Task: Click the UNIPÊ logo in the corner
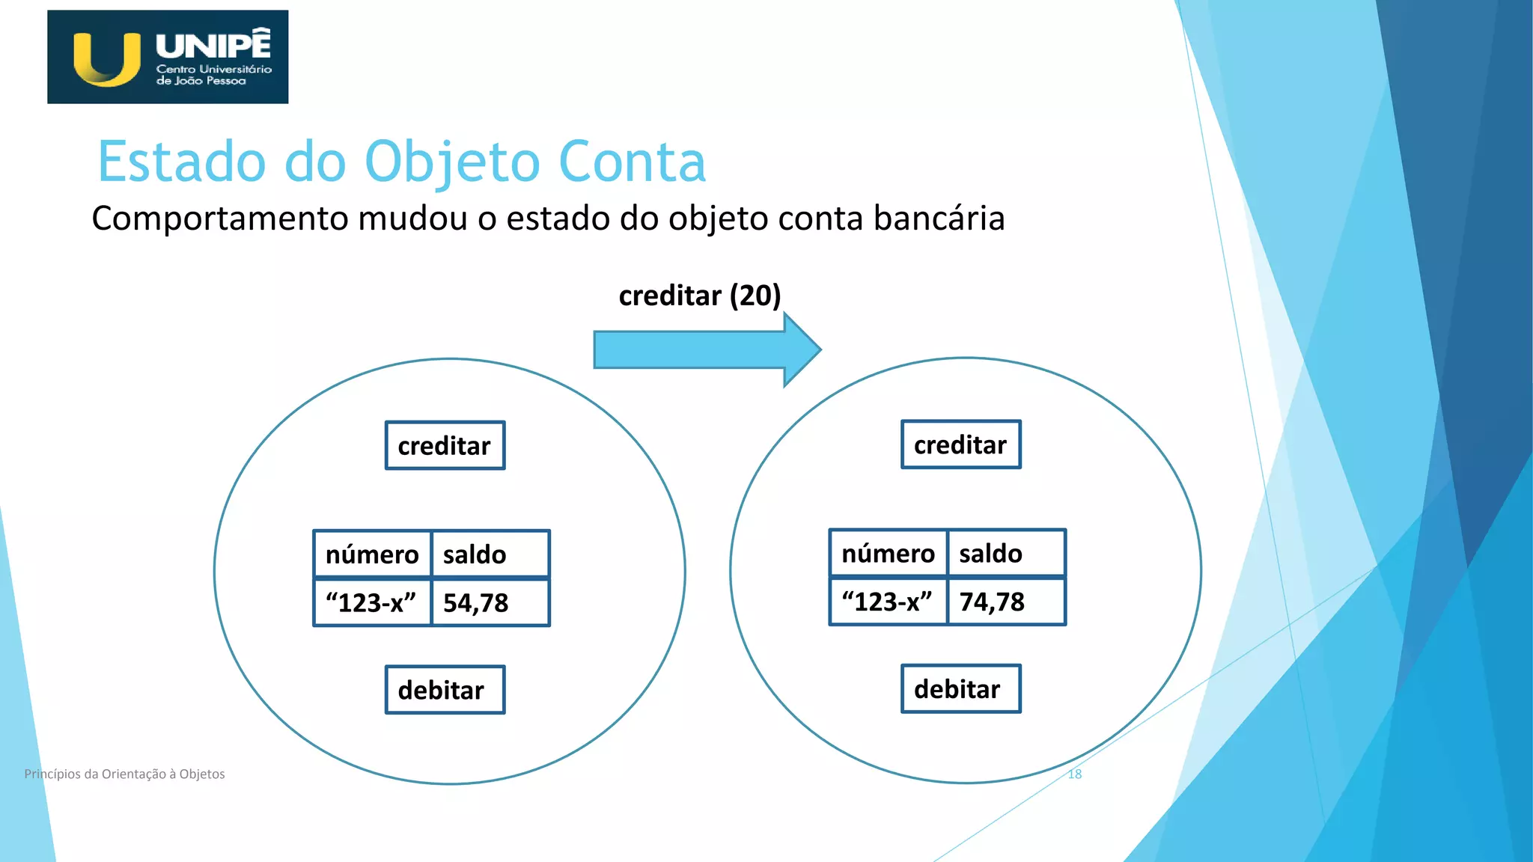coord(168,57)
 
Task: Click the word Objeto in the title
coord(452,162)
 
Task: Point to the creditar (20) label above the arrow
coord(699,296)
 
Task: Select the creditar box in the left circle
coord(445,446)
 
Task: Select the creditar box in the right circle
coord(960,445)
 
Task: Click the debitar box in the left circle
coord(445,690)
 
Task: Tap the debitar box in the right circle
coord(960,689)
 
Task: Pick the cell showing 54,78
coord(490,603)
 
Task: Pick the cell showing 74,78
coord(1005,602)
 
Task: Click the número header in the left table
coord(372,554)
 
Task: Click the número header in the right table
coord(888,554)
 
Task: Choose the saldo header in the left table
coord(490,554)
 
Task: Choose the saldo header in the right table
coord(1005,554)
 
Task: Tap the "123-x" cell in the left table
coord(371,603)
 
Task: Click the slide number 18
coord(1074,774)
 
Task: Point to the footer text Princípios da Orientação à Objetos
coord(124,774)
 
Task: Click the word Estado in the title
coord(182,162)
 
